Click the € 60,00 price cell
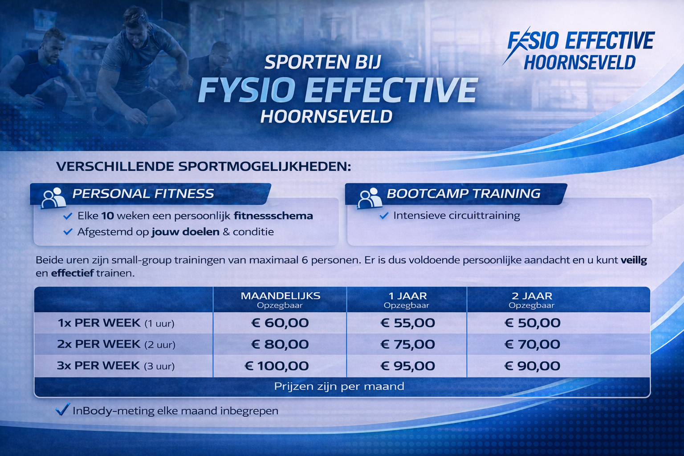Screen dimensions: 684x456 [x=280, y=323]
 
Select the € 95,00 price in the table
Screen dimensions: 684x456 [x=407, y=366]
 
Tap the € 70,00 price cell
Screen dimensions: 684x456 [x=532, y=344]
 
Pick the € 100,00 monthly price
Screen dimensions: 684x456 [x=277, y=366]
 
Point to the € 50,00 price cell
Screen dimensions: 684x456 [x=532, y=323]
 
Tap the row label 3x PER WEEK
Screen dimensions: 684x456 [x=98, y=365]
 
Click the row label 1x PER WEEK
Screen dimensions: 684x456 [x=99, y=322]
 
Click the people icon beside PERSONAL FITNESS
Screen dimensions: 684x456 [x=53, y=198]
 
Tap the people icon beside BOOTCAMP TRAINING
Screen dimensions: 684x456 [x=370, y=198]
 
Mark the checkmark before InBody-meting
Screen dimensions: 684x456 [x=62, y=409]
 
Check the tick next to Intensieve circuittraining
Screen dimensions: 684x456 [x=384, y=216]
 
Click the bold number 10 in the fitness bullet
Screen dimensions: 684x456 [x=107, y=216]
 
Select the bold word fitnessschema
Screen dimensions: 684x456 [x=273, y=216]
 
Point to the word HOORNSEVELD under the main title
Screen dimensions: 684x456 [x=326, y=116]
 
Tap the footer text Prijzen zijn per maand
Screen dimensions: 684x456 [x=339, y=387]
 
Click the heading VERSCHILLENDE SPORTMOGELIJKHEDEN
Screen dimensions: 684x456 [x=204, y=167]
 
